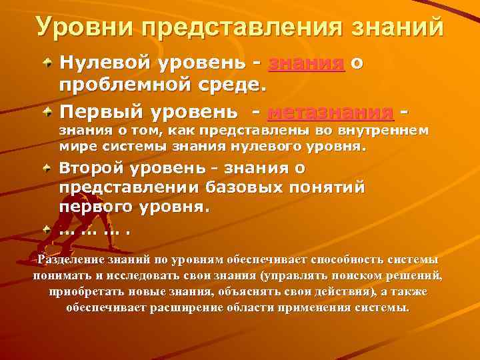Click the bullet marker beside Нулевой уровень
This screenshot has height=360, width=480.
pyautogui.click(x=48, y=62)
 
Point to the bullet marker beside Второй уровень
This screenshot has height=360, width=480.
pyautogui.click(x=48, y=166)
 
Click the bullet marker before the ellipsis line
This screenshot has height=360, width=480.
pyautogui.click(x=48, y=228)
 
